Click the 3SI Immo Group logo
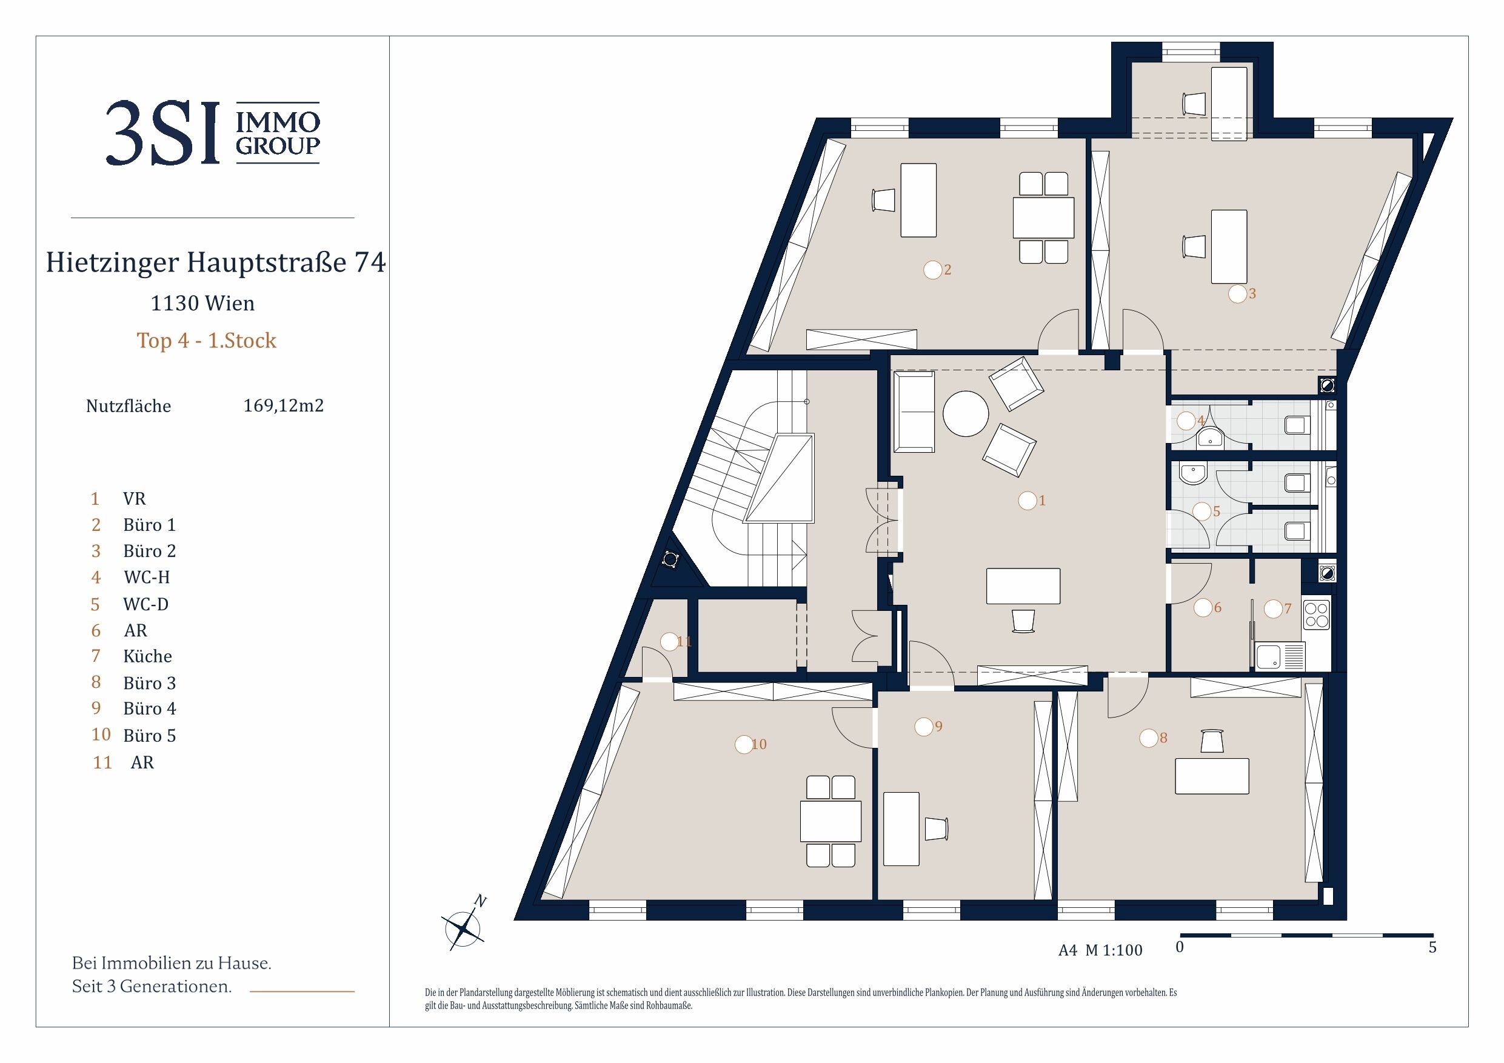coord(213,133)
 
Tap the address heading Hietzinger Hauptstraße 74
coord(216,262)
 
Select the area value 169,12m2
coord(284,405)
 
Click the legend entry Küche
coord(147,656)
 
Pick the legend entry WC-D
coord(146,604)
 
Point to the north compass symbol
coord(464,924)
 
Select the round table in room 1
coord(966,413)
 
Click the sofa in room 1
coord(914,412)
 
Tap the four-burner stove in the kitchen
coord(1317,615)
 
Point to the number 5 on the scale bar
coord(1432,947)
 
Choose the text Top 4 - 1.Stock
coord(206,341)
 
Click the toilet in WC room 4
coord(1298,425)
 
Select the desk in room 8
coord(1212,776)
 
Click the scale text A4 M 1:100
coord(1100,950)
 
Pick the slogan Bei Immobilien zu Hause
coord(172,963)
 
